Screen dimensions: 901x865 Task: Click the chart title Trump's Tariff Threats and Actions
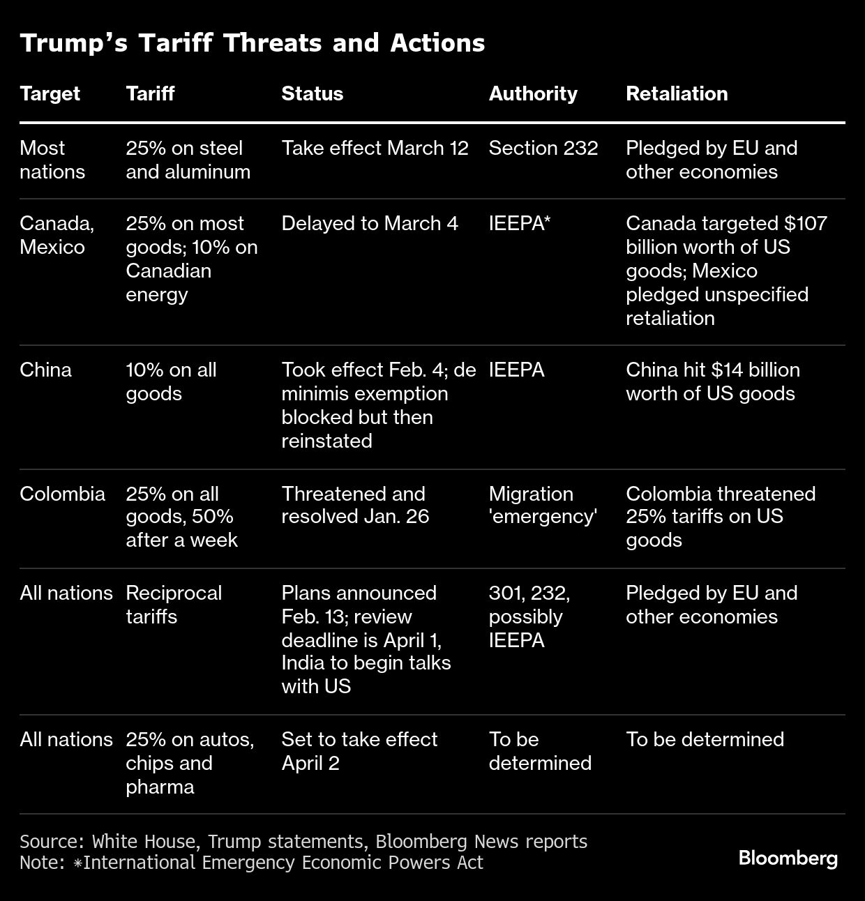[252, 43]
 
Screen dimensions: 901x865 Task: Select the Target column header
[50, 93]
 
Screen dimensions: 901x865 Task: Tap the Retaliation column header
[676, 93]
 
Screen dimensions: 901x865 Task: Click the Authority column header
[532, 93]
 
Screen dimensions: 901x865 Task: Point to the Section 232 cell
[543, 148]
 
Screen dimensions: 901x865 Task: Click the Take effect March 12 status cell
[375, 148]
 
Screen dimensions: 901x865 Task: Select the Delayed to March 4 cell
[369, 223]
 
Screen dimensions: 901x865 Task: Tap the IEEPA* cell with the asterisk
[520, 223]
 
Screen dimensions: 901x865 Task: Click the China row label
[45, 370]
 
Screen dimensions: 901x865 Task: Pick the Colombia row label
[62, 494]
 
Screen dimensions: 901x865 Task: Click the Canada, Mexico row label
[57, 235]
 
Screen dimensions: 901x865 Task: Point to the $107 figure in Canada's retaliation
[805, 223]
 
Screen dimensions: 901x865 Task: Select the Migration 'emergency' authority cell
[542, 505]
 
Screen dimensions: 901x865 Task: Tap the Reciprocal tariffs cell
[173, 605]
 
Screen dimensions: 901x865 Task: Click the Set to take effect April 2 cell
[359, 751]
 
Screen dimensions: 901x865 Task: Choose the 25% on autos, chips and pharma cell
[190, 763]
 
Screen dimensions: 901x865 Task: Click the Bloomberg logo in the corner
[788, 858]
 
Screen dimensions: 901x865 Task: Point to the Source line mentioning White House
[303, 842]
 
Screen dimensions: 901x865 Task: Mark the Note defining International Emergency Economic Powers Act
[251, 863]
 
